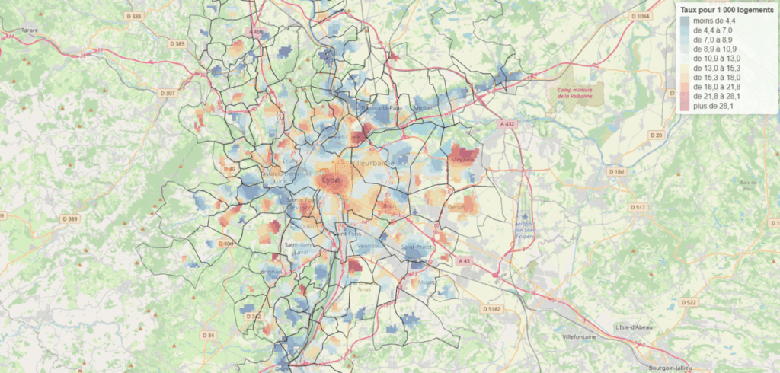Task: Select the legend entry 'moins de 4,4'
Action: (714, 21)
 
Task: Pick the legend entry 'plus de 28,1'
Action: (714, 107)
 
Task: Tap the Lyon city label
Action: (331, 180)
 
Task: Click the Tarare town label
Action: (30, 31)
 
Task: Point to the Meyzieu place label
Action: (463, 160)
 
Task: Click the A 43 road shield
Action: (465, 260)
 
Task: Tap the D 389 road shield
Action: (69, 218)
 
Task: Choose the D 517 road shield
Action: (638, 207)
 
